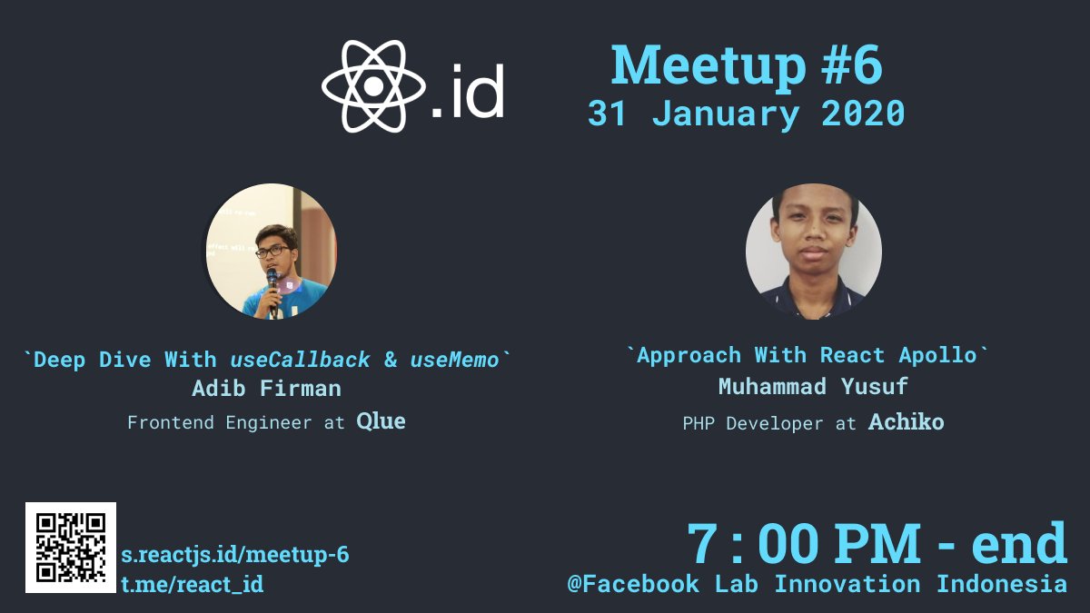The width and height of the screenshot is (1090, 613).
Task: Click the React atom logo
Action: pyautogui.click(x=372, y=87)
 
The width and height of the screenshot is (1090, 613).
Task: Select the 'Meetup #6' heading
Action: pyautogui.click(x=746, y=65)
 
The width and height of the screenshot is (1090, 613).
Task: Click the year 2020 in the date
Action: pyautogui.click(x=862, y=114)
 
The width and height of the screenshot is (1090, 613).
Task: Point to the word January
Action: pyautogui.click(x=727, y=114)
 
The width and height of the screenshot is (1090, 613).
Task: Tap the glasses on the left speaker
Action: pyautogui.click(x=272, y=252)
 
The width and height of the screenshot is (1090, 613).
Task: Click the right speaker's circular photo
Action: pyautogui.click(x=813, y=252)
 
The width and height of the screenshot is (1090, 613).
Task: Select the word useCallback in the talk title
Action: pyautogui.click(x=300, y=360)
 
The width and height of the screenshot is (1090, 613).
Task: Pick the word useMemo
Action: pyautogui.click(x=454, y=360)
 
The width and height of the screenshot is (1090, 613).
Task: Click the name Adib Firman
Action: pyautogui.click(x=267, y=389)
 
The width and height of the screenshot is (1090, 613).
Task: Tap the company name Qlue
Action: pyautogui.click(x=381, y=421)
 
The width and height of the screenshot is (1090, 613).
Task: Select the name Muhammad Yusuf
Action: pyautogui.click(x=813, y=386)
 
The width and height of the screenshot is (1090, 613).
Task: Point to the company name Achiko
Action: pyautogui.click(x=906, y=422)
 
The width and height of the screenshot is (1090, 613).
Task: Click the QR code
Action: pyautogui.click(x=71, y=547)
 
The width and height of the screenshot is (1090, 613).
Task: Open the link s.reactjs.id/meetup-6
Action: pyautogui.click(x=235, y=554)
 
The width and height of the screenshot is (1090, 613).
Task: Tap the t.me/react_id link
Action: pyautogui.click(x=193, y=584)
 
